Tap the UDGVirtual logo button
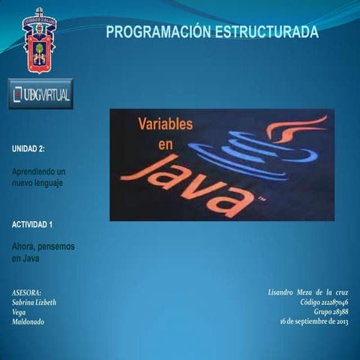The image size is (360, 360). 40,94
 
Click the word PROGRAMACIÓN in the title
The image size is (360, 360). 158,32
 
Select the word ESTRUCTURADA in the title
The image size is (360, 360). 267,32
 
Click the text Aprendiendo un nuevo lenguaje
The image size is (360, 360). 38,177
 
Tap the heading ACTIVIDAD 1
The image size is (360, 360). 32,224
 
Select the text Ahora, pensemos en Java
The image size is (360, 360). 42,251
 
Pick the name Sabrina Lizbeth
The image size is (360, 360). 34,302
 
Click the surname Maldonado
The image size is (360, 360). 28,322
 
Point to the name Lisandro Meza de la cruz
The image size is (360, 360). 307,291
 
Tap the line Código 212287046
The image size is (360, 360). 324,301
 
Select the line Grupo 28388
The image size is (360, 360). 331,311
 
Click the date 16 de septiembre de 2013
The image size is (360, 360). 313,322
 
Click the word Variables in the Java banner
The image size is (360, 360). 165,124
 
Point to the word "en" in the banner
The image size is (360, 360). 165,144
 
